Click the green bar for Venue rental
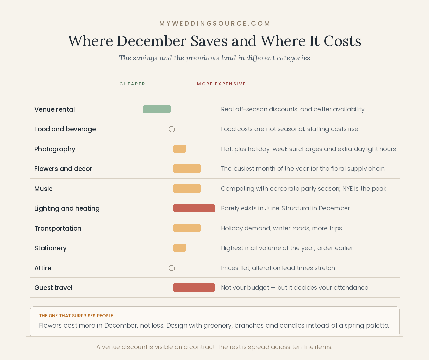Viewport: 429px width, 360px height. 156,109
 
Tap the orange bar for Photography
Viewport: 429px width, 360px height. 180,149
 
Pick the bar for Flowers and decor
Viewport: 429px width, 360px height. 187,168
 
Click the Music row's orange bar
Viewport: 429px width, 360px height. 187,189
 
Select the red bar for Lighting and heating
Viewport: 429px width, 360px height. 194,208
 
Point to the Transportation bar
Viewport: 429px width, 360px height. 187,228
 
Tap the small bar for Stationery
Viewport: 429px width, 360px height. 180,248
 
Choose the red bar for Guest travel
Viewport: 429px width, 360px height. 194,288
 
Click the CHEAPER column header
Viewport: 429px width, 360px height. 132,84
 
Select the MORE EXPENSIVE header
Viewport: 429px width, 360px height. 221,84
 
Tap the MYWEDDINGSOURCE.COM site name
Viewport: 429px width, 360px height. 215,24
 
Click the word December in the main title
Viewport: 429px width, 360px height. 151,41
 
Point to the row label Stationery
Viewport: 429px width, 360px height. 50,248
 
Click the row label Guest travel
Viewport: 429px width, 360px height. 53,288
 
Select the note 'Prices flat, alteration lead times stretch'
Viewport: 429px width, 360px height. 278,268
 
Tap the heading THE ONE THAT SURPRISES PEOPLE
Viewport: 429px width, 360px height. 76,316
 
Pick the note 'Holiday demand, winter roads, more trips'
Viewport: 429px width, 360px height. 281,228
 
